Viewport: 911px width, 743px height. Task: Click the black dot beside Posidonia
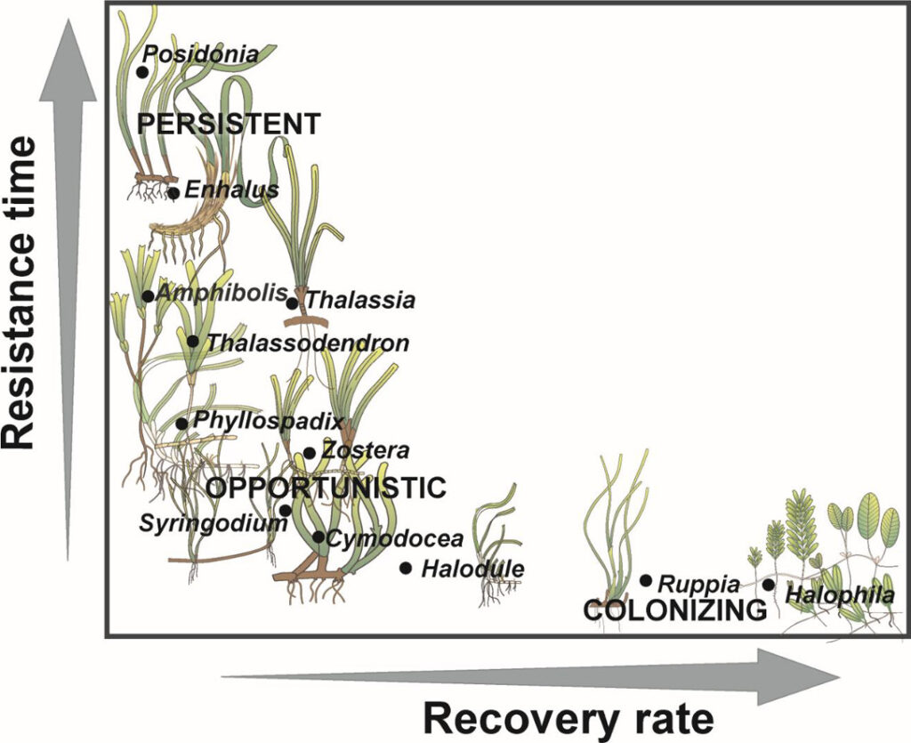pos(142,71)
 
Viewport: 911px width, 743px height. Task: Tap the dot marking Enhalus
pos(173,192)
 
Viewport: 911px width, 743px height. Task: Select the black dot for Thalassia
pos(293,303)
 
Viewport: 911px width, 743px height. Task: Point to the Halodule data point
pos(406,568)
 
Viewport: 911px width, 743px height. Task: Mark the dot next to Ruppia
pos(646,580)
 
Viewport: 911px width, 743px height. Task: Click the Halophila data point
pos(769,585)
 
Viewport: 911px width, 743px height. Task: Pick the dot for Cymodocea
pos(318,537)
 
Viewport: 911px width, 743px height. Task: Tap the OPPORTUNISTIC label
pos(326,488)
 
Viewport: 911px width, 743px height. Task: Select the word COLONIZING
pos(674,610)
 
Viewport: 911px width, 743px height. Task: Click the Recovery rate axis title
pos(568,717)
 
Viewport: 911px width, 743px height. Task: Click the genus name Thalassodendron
pos(308,343)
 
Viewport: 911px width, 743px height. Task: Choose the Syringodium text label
pos(214,523)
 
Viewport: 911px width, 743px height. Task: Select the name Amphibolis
pos(222,293)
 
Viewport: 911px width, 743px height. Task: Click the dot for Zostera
pos(310,452)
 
